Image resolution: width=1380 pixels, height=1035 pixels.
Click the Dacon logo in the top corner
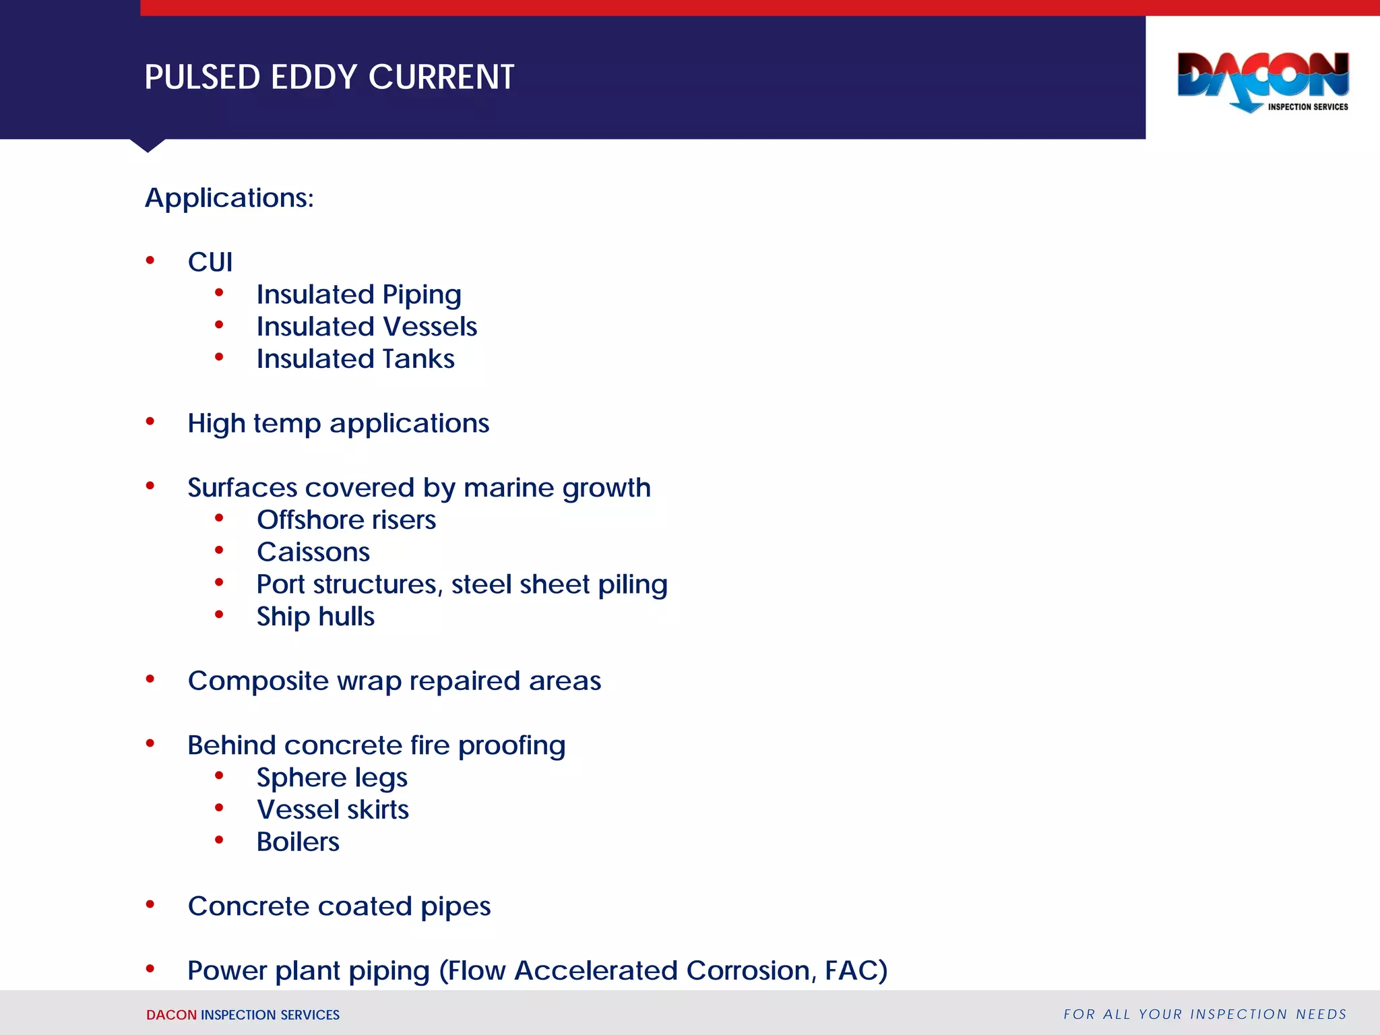(1263, 82)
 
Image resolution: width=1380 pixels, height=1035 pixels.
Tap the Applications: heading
(229, 198)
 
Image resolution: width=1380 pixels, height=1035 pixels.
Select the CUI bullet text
(210, 262)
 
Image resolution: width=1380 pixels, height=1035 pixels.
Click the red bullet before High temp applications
(150, 422)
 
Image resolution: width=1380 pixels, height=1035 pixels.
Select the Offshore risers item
(346, 520)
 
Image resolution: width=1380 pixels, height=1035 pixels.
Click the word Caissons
(313, 553)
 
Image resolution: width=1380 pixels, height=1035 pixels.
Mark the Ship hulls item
(315, 617)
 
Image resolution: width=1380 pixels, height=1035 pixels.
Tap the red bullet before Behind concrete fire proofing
(150, 744)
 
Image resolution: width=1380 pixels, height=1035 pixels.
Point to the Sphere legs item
(332, 778)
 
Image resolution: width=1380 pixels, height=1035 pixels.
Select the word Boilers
(298, 842)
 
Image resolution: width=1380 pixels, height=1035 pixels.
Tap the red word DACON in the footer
(171, 1015)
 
